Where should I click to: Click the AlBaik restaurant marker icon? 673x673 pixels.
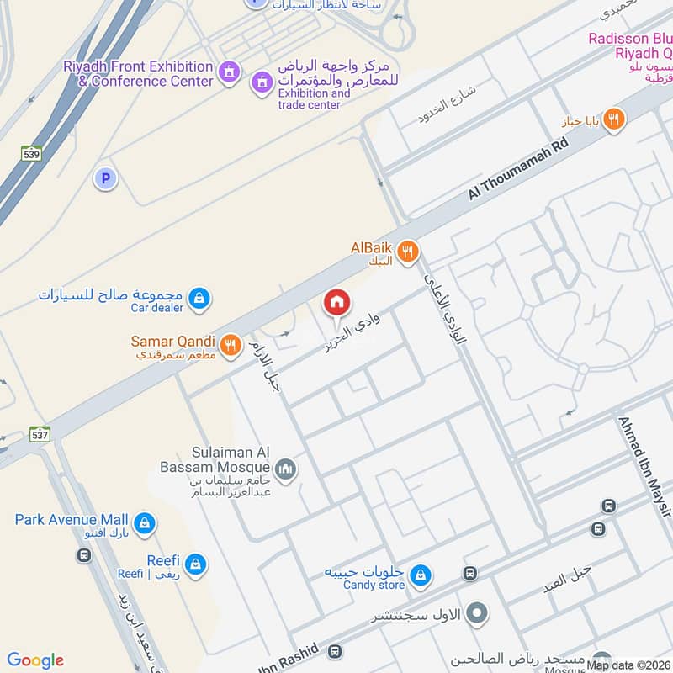click(x=408, y=251)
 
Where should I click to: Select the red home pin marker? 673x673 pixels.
click(x=336, y=302)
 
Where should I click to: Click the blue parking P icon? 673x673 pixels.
click(x=105, y=178)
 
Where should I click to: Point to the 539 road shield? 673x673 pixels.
click(x=32, y=153)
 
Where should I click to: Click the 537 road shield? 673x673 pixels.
click(x=40, y=435)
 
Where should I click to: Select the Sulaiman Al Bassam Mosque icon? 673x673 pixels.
click(x=286, y=469)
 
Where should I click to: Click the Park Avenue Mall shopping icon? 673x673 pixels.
click(x=145, y=522)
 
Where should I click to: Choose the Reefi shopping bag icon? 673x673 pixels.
click(x=196, y=564)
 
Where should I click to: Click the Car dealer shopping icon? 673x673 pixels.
click(x=199, y=297)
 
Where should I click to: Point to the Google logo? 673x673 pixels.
click(x=35, y=660)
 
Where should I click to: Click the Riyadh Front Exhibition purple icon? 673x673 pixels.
click(x=228, y=74)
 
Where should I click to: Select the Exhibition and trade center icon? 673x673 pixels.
click(x=262, y=82)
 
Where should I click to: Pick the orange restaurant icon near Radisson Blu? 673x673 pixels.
click(x=614, y=119)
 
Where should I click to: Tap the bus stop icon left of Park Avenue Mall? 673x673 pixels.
click(x=84, y=556)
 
